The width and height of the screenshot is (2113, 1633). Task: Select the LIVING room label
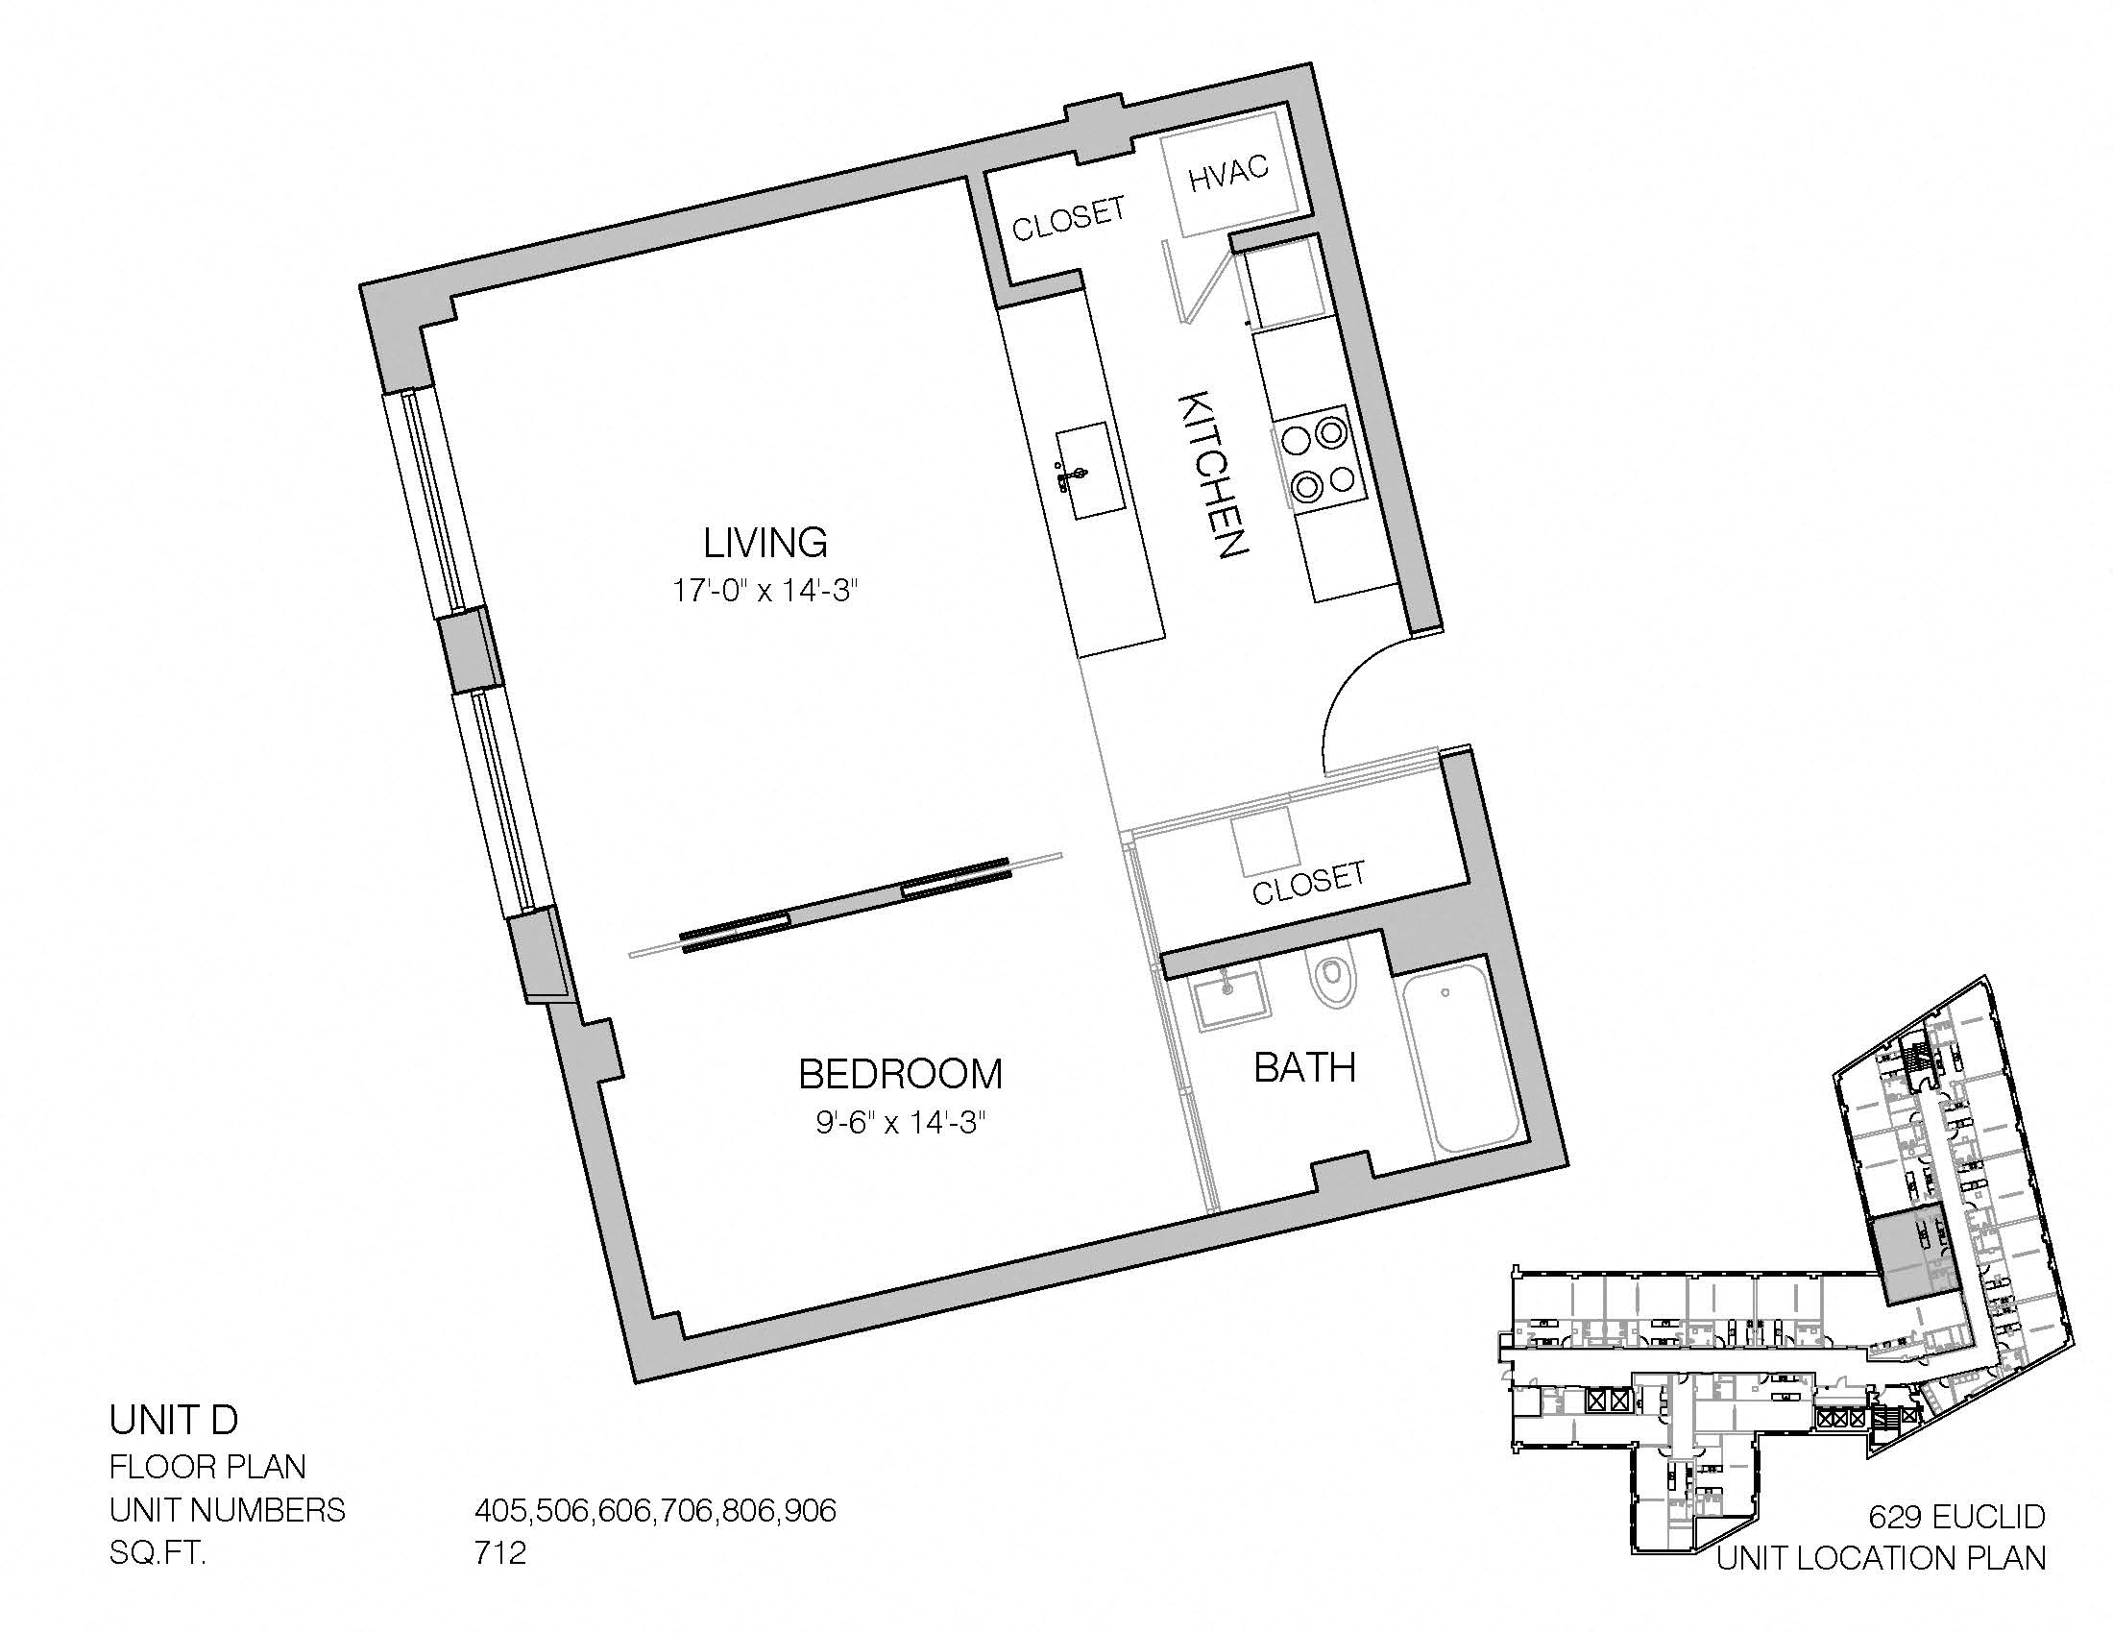(x=765, y=542)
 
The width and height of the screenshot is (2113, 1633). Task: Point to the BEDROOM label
(x=900, y=1074)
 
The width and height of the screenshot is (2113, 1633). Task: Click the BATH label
(x=1304, y=1067)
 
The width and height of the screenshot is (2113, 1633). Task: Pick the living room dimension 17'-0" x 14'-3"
(x=765, y=590)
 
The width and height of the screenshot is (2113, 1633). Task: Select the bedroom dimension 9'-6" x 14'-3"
(x=900, y=1122)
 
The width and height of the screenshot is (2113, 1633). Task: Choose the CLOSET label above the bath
(x=1309, y=883)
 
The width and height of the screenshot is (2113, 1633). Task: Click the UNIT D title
(x=173, y=1420)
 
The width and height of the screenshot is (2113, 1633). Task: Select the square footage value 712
(x=500, y=1552)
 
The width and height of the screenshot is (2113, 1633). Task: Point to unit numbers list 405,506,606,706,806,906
(x=655, y=1510)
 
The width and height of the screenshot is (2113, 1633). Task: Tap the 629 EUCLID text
(x=1956, y=1516)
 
